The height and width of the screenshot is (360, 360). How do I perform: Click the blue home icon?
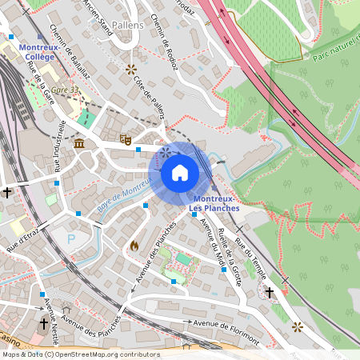pos(180,172)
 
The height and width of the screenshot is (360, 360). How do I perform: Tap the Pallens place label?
pos(127,26)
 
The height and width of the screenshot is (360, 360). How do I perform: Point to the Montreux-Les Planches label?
pos(216,203)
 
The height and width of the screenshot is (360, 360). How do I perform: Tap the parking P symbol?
pos(71,238)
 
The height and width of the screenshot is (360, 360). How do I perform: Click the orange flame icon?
pos(134,246)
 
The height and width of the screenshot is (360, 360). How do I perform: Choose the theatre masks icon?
pos(125,139)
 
